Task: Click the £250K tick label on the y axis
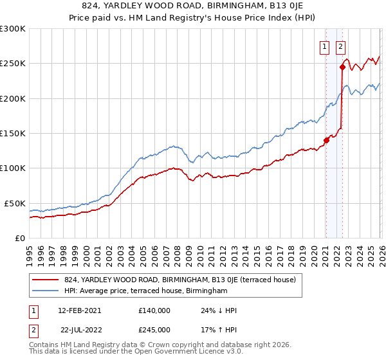click(x=13, y=64)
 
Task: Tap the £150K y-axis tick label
click(x=13, y=134)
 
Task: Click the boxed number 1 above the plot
click(x=325, y=46)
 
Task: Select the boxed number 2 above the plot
click(x=340, y=46)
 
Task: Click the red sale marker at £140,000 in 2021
click(x=326, y=141)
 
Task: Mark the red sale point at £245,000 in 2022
click(x=342, y=67)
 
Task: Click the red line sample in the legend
click(x=45, y=280)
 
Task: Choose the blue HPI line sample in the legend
click(x=45, y=291)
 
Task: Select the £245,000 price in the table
click(x=154, y=329)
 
